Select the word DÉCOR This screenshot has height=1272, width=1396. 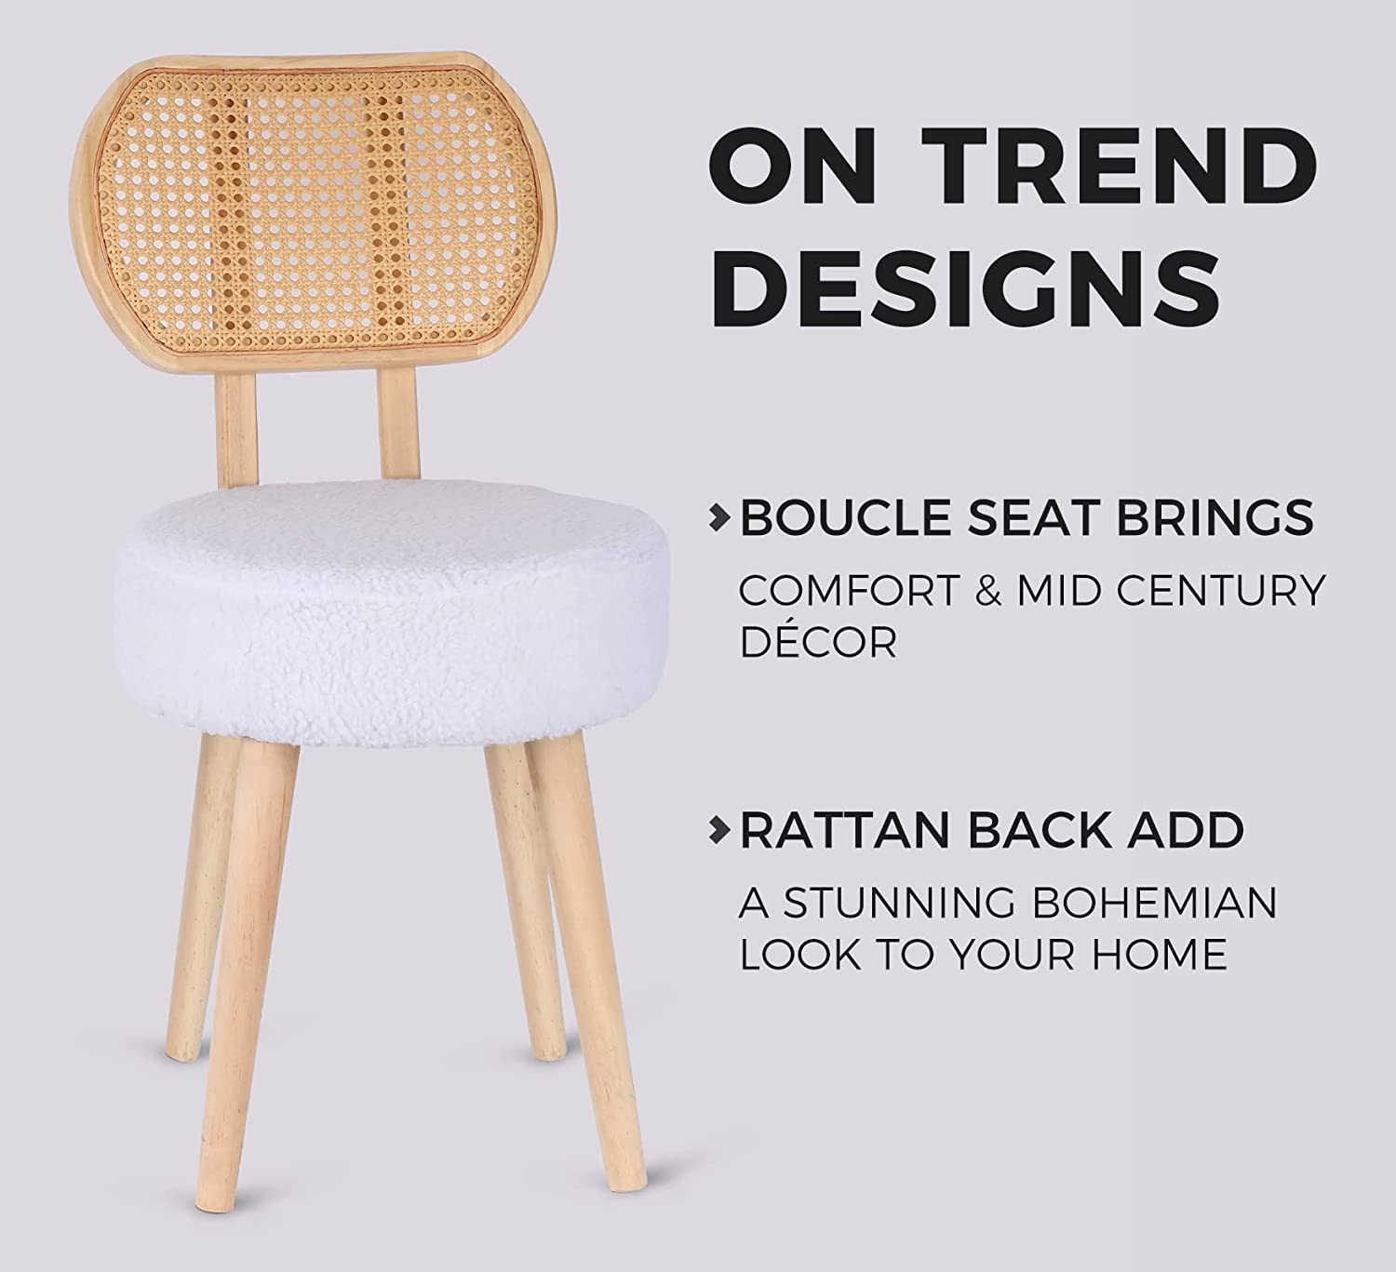[x=818, y=641]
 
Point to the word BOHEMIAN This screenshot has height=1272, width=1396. [x=1155, y=903]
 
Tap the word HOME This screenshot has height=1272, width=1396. [x=1159, y=955]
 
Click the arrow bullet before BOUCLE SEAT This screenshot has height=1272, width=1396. [x=718, y=517]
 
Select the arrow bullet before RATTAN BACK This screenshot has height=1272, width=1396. [x=718, y=831]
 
